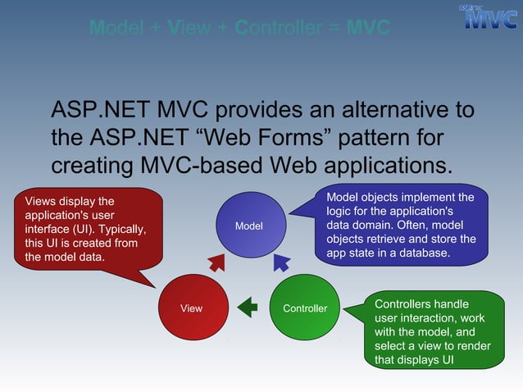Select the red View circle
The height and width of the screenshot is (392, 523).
pyautogui.click(x=192, y=308)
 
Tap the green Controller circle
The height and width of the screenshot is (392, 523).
pyautogui.click(x=304, y=308)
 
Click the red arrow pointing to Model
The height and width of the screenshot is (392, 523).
pyautogui.click(x=217, y=263)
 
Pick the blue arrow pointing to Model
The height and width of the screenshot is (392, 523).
pyautogui.click(x=281, y=262)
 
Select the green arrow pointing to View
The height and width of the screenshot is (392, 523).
pyautogui.click(x=248, y=308)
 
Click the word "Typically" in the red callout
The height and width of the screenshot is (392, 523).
pyautogui.click(x=121, y=228)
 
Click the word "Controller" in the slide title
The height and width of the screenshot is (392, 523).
pyautogui.click(x=275, y=29)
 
